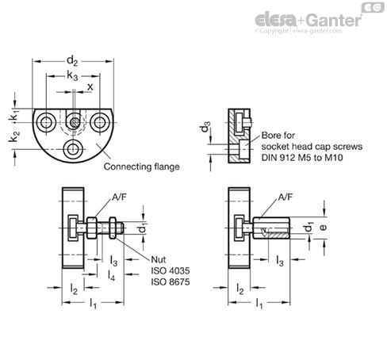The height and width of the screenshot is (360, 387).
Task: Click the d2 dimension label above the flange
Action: click(x=74, y=59)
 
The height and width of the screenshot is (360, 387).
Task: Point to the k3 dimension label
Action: click(x=73, y=75)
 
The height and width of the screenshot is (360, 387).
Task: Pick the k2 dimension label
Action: click(x=14, y=140)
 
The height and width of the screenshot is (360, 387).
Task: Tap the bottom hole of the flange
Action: click(x=73, y=148)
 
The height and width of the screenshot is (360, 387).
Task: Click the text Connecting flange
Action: click(x=140, y=167)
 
